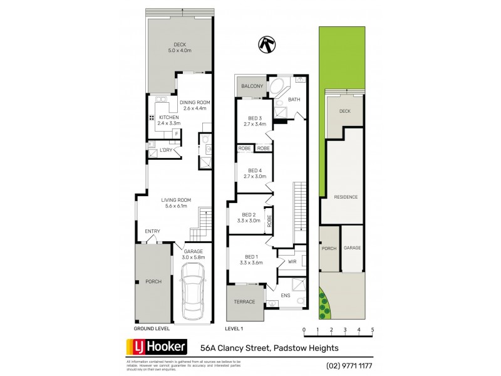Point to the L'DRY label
click(x=166, y=150)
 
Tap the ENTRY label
click(x=153, y=231)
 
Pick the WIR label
click(x=292, y=261)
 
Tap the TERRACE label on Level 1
click(x=244, y=302)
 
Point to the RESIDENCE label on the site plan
click(x=345, y=197)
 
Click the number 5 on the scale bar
click(x=373, y=330)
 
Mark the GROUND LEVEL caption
click(x=151, y=328)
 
